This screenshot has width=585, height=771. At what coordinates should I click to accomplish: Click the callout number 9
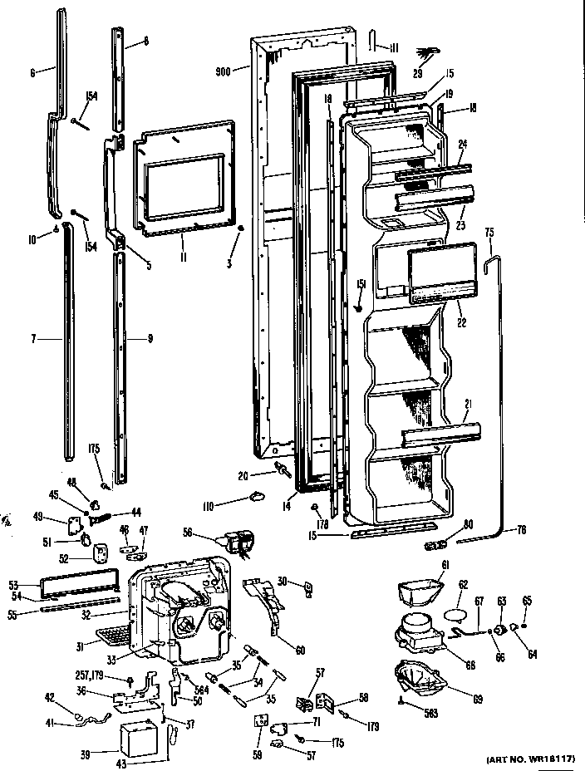tap(150, 338)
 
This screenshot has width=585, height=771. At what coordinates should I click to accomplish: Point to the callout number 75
tap(489, 233)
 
